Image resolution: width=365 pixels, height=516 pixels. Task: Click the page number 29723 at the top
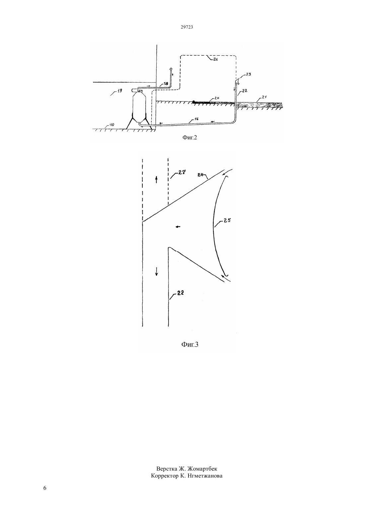pos(186,27)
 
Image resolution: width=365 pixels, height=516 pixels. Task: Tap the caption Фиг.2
pos(190,137)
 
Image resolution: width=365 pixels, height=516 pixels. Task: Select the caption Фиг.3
pos(190,344)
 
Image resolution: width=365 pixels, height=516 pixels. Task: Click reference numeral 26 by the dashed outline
pos(215,59)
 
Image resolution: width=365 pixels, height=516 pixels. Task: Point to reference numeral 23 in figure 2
pos(249,74)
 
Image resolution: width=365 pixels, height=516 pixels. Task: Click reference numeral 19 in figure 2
pos(119,91)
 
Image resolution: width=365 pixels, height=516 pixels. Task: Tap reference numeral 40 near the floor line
pos(111,125)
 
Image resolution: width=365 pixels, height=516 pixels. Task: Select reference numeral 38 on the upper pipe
pos(166,84)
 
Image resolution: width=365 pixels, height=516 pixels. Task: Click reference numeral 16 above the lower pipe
pos(196,119)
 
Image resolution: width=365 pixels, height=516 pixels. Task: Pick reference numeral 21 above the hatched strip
pos(264,97)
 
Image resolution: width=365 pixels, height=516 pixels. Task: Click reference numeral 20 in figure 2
pos(217,98)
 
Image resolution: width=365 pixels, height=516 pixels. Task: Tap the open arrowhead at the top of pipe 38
pos(171,69)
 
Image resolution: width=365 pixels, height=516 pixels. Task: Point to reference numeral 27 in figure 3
pos(182,172)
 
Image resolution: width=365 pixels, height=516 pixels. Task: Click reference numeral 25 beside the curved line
pos(227,221)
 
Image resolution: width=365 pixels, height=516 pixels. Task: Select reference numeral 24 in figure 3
pos(200,175)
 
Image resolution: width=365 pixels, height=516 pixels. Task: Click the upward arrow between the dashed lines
pos(156,180)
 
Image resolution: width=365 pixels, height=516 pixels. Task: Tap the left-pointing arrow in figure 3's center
pos(178,227)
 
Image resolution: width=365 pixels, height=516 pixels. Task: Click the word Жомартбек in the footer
pos(202,469)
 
